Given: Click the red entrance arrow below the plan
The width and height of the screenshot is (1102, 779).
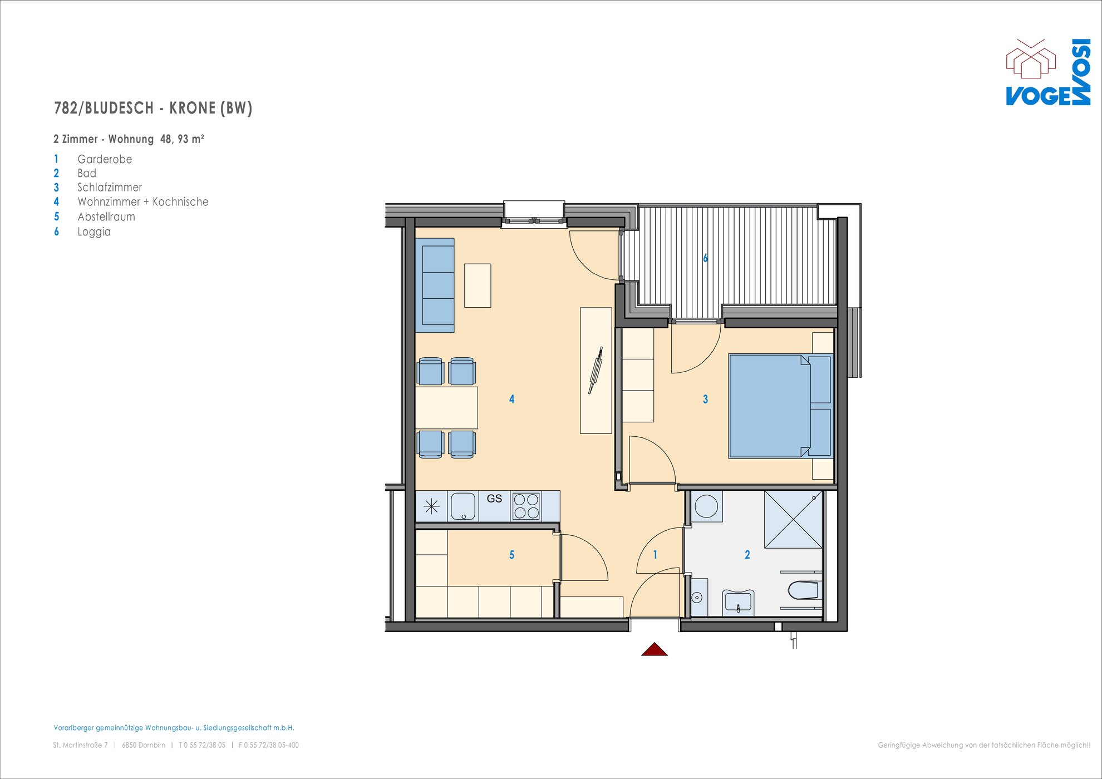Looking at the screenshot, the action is pos(655,649).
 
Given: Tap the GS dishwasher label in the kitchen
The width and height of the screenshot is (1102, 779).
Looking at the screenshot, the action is pos(494,499).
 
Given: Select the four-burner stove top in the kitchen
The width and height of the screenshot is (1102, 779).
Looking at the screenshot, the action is pos(526,506).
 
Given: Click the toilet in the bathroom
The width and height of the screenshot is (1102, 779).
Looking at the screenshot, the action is pos(803,590).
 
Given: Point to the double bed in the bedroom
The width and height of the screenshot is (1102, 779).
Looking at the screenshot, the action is pos(781,406).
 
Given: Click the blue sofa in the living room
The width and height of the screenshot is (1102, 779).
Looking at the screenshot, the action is pos(435,285).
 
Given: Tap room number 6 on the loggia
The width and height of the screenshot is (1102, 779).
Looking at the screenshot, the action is pos(705,258).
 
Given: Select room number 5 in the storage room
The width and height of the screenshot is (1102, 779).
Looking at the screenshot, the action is pos(511,555).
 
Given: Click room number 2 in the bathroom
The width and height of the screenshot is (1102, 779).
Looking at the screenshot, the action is pos(747,555).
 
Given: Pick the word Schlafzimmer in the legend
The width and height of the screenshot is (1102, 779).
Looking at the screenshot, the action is pos(110,188).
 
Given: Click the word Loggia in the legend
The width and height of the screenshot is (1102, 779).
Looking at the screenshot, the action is pos(94,232).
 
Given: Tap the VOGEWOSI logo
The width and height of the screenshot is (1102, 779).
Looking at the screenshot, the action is pos(1048,72).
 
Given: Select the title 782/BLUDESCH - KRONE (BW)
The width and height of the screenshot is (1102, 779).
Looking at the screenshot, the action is pos(153,108).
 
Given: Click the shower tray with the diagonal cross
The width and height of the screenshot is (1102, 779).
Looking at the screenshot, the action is pos(793,520).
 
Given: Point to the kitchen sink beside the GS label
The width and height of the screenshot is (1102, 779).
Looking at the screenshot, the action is pos(463,506).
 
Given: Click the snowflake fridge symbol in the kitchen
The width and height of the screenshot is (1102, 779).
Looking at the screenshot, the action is pos(431,506).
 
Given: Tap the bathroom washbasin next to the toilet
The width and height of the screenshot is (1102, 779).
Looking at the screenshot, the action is pos(738,602).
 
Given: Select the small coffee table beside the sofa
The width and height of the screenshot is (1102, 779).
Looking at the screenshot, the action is pos(478,285).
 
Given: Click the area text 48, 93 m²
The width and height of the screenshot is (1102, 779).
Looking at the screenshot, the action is pos(182,139).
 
